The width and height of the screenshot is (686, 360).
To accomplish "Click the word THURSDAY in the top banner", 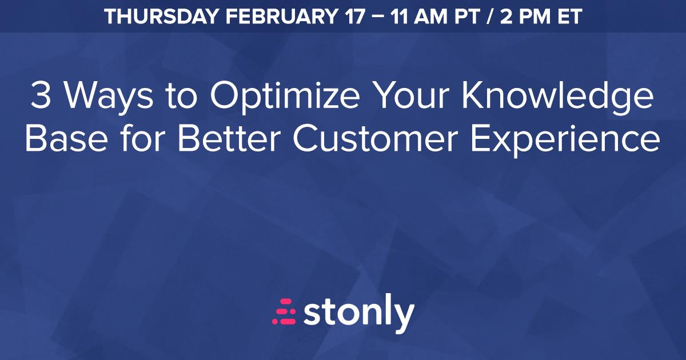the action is click(x=161, y=17).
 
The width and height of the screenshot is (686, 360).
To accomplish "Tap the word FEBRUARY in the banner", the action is click(x=281, y=17).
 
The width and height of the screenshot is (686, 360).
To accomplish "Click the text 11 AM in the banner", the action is click(x=418, y=17).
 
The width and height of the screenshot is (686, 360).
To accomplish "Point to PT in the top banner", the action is click(x=466, y=17).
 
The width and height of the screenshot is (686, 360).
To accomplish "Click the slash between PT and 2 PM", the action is click(x=489, y=17).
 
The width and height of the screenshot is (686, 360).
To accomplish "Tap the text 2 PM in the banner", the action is click(x=526, y=17).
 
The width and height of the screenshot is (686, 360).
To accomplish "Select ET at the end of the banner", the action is click(x=569, y=17).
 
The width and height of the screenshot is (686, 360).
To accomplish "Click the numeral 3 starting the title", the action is click(x=41, y=95).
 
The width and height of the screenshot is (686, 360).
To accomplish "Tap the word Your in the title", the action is click(x=413, y=95).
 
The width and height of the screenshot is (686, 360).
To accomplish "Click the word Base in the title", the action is click(x=66, y=138).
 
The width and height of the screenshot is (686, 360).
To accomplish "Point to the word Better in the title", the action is click(x=229, y=138).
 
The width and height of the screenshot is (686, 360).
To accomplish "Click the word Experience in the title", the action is click(x=565, y=141).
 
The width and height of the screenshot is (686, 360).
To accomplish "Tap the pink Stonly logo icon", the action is click(x=284, y=311).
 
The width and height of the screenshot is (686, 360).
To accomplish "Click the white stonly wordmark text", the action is click(x=359, y=314).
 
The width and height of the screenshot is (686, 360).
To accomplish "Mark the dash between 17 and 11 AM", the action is click(x=378, y=17).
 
